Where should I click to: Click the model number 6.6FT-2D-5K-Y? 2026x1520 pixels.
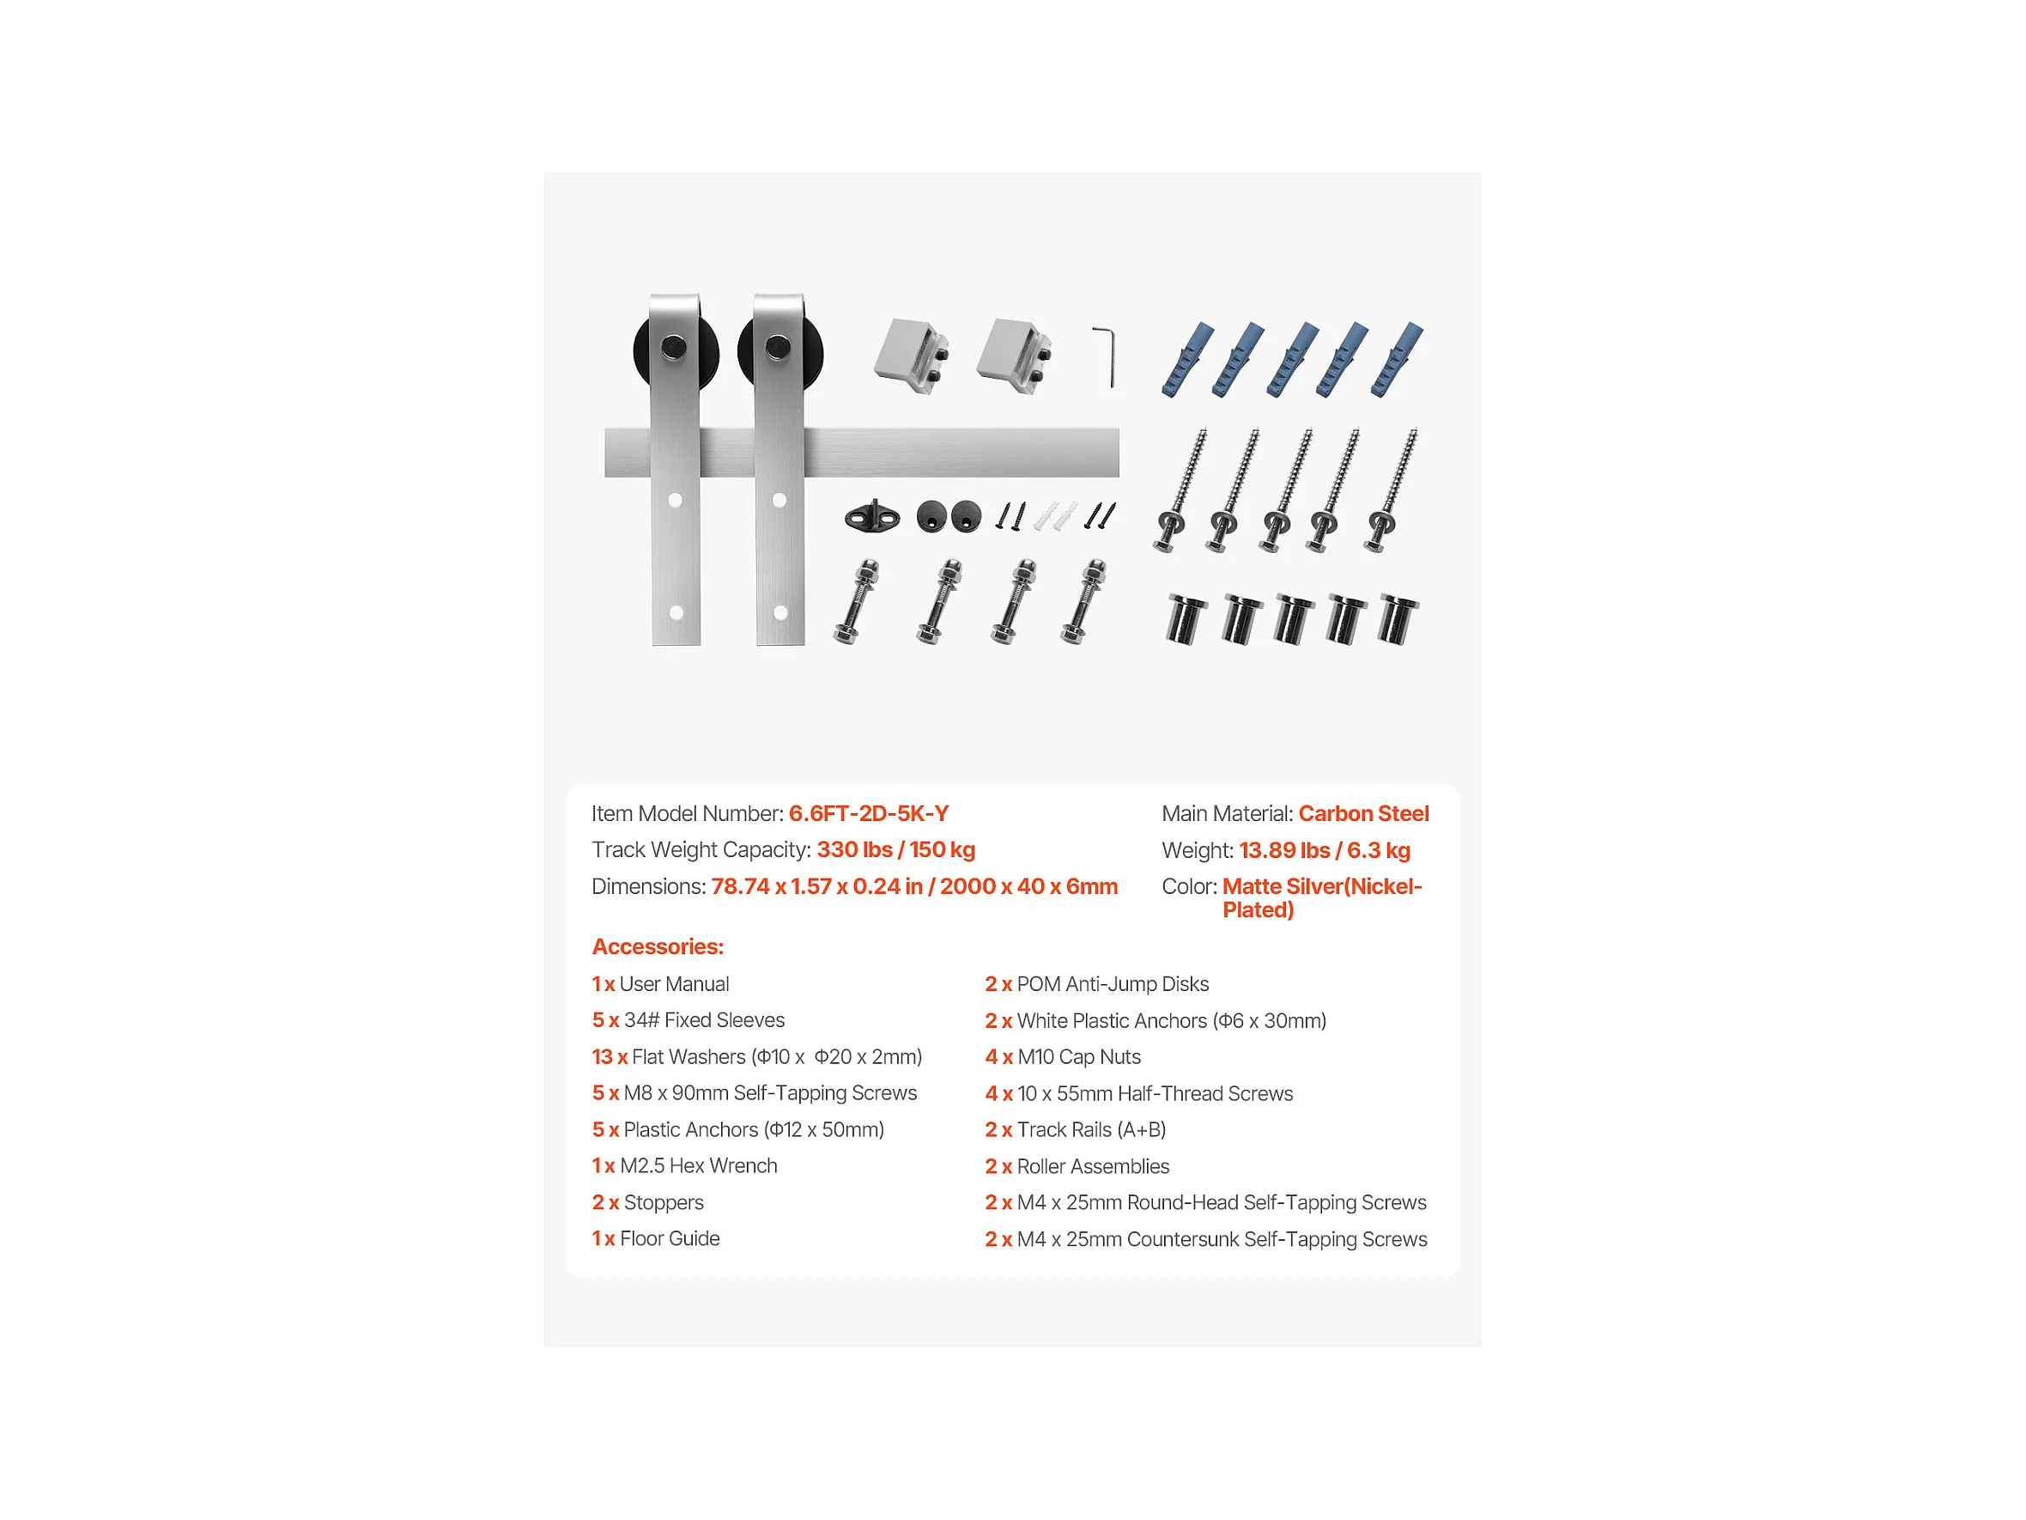[868, 813]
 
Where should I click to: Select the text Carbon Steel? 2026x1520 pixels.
[1363, 813]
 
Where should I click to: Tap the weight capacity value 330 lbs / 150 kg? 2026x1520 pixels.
[895, 849]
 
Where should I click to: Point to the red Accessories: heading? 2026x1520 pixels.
[658, 946]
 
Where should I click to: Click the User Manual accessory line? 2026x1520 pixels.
[660, 984]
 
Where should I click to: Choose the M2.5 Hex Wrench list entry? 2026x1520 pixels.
[684, 1165]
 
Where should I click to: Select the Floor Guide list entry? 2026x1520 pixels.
[656, 1238]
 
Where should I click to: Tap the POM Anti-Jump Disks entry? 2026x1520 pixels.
[1096, 984]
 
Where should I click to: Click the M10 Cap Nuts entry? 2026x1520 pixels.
[1063, 1056]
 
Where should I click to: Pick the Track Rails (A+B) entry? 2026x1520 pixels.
[1076, 1129]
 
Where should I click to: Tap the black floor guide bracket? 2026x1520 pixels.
[871, 517]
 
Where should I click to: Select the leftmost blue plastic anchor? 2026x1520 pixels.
[1187, 359]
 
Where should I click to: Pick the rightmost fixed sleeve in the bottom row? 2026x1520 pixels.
[1398, 620]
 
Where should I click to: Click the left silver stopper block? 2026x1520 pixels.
[911, 356]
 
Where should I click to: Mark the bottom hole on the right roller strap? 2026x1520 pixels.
[780, 613]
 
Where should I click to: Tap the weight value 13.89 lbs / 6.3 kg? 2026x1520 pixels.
[1325, 850]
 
